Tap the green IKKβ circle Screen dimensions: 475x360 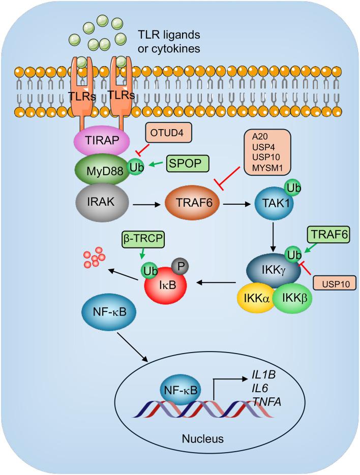coord(293,297)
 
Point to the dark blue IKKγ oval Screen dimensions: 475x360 coord(273,268)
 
